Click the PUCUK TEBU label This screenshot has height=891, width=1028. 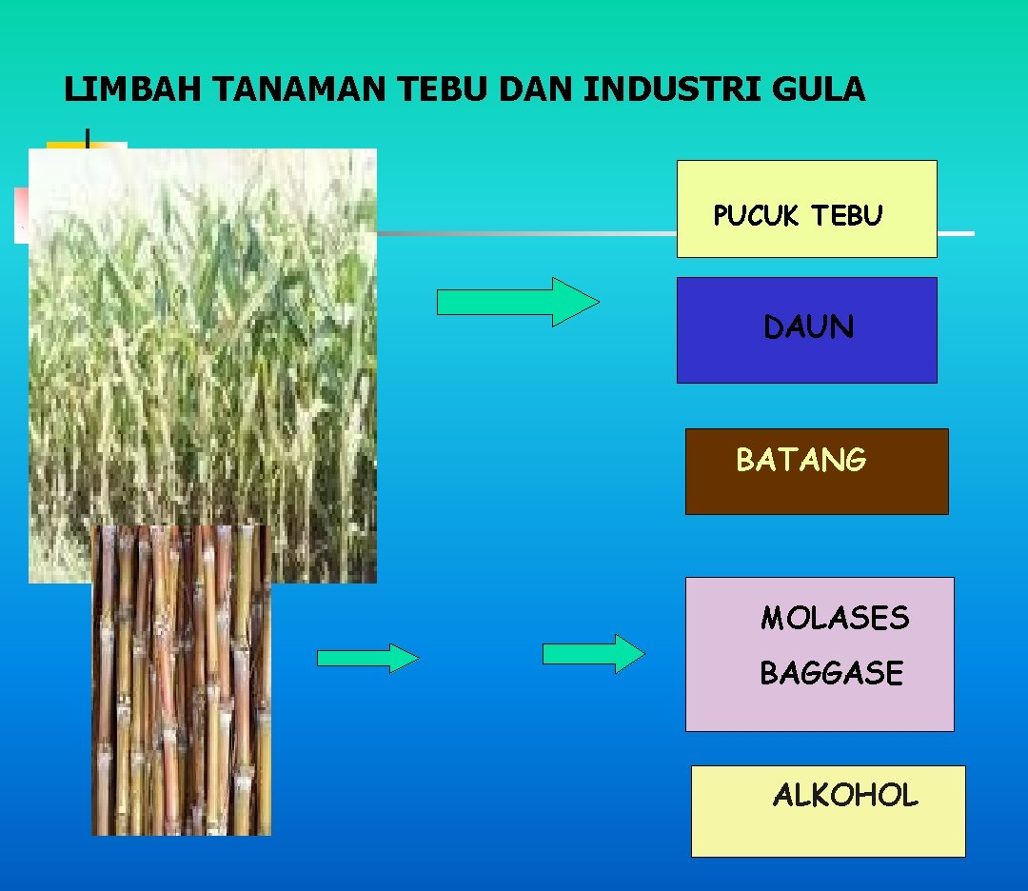(x=798, y=216)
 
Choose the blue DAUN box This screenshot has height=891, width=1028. (x=806, y=329)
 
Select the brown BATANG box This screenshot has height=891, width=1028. (x=816, y=471)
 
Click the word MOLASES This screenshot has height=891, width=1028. (x=834, y=619)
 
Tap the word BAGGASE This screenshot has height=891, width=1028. (x=830, y=674)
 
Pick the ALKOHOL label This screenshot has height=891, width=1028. (x=844, y=796)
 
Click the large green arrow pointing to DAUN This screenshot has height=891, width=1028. (x=517, y=302)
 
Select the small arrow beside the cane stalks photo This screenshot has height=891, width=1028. (x=367, y=658)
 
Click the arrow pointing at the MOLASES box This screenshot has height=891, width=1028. (x=593, y=654)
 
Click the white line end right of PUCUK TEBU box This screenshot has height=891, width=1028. (x=956, y=233)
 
